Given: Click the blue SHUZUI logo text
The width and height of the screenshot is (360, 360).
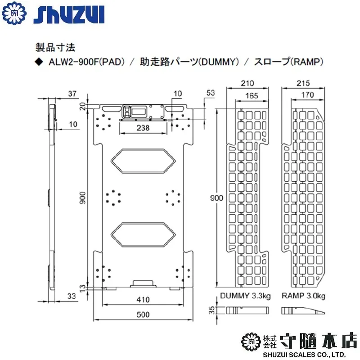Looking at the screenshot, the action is pos(69,15).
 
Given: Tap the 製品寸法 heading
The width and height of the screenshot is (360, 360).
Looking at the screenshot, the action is pos(55,48).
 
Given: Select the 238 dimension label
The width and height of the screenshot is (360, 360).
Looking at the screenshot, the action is pos(143,128).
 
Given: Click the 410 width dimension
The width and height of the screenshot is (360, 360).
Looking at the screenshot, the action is pos(143,299).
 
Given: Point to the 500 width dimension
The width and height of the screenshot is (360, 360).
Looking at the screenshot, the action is pos(143,314).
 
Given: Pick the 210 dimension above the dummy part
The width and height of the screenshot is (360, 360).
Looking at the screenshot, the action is pos(247,83).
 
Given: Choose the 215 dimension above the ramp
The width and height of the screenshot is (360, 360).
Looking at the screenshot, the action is pos(303,83).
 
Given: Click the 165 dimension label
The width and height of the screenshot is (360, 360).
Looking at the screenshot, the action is pos(252,95).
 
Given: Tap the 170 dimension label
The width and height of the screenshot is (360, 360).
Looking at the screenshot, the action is pos(307,94).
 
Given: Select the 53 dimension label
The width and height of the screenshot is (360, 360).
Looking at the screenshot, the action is pos(211,93).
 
